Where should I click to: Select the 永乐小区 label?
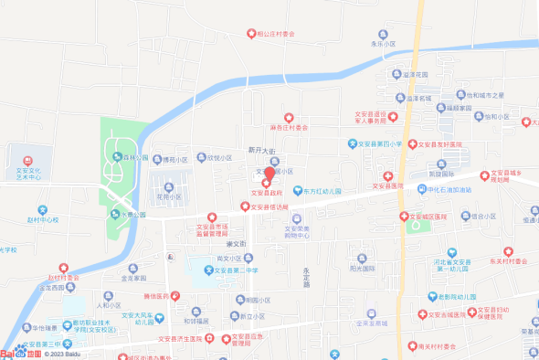pos(384,43)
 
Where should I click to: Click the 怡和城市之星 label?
pos(485,95)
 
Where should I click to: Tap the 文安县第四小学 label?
pos(380,144)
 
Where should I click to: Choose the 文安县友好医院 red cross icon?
pos(412,144)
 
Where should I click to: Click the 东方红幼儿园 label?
pos(322,192)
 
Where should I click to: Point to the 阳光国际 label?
pos(363,269)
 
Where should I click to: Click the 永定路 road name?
pos(307,278)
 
